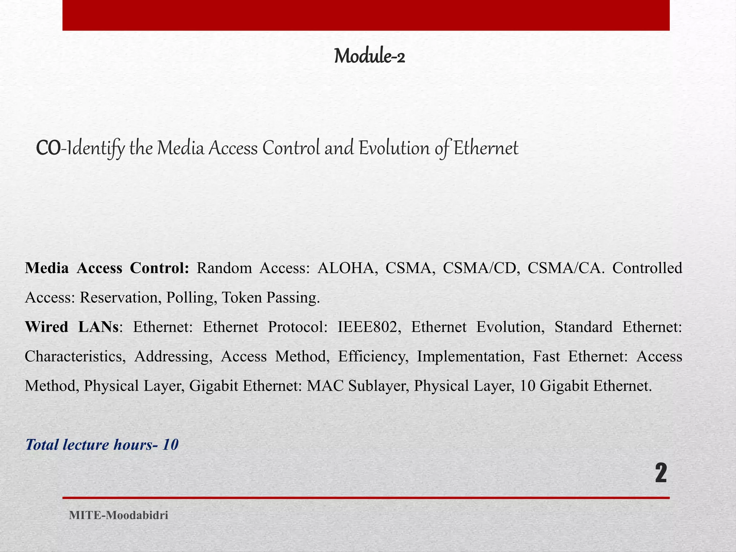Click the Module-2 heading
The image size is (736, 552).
(369, 56)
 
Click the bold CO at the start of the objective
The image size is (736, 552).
(48, 148)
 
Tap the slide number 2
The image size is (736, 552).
(661, 474)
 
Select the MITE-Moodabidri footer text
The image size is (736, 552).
(119, 515)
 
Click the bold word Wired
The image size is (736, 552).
(46, 327)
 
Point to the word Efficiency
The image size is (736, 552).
(373, 356)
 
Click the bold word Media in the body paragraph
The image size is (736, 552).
(47, 268)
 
